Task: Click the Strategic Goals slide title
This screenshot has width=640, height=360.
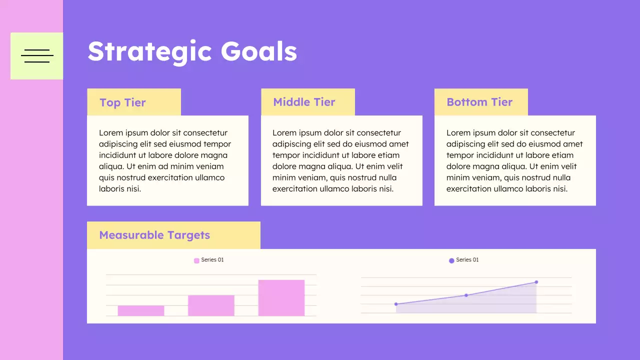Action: (192, 51)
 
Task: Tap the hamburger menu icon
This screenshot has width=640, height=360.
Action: (37, 56)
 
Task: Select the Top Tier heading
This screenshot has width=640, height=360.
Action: (122, 102)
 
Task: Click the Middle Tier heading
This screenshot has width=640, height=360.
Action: (304, 102)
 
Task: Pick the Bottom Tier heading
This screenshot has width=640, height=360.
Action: (479, 102)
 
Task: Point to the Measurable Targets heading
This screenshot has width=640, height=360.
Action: (154, 235)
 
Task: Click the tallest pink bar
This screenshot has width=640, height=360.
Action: (281, 297)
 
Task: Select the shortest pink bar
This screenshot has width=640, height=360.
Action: (141, 310)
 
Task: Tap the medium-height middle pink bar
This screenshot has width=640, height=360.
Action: (211, 305)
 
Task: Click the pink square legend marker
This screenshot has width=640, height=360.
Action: (196, 260)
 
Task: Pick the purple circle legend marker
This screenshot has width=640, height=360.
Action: (451, 260)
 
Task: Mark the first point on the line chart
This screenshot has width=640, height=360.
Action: (396, 304)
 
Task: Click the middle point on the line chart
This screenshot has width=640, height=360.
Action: (466, 295)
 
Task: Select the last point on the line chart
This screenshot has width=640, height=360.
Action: (536, 282)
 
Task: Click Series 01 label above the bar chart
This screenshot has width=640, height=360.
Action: (212, 260)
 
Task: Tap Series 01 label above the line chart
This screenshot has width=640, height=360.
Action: (467, 260)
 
